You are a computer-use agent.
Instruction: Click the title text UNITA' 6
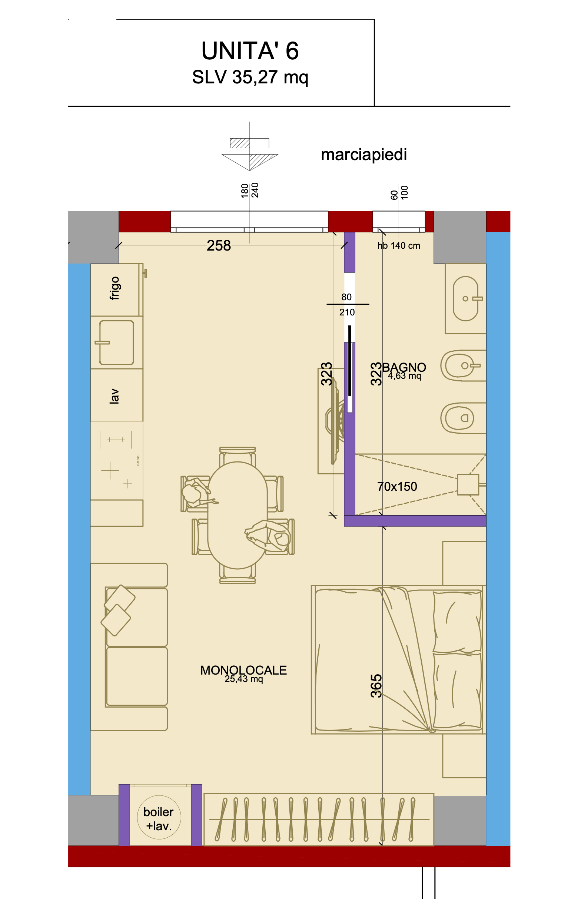(250, 51)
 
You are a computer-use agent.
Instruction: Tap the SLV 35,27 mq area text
(250, 77)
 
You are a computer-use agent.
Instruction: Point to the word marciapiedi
(364, 155)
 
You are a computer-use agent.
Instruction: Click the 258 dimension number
(219, 246)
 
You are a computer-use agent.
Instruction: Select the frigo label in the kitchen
(114, 288)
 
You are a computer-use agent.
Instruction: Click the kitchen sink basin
(116, 342)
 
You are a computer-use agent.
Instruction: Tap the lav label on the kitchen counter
(114, 396)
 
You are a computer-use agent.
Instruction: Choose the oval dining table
(238, 515)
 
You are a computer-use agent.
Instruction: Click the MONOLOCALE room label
(244, 670)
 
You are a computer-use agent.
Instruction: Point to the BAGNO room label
(404, 367)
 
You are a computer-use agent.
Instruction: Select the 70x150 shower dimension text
(397, 486)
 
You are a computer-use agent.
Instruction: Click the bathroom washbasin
(465, 298)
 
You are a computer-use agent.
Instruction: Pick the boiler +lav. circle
(159, 817)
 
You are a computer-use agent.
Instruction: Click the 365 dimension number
(376, 685)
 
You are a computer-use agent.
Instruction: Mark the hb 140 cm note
(399, 246)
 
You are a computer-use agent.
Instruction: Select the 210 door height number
(347, 312)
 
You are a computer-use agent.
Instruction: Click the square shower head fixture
(468, 484)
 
